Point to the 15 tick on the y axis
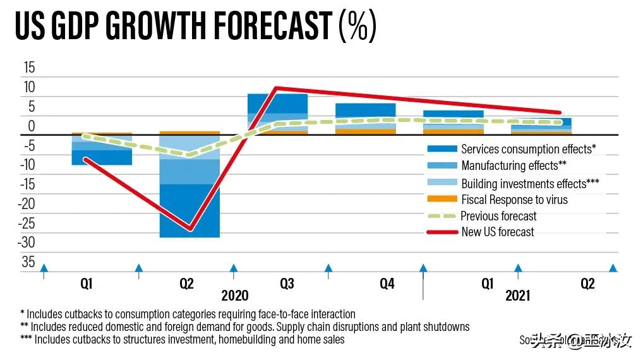29,68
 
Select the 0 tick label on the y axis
32,126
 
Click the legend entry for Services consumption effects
528,149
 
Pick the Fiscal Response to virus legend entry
514,200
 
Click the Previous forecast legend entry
498,216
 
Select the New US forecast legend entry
497,232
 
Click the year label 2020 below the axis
235,296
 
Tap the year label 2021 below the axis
518,296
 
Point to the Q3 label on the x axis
287,284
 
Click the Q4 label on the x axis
387,284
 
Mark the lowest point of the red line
189,229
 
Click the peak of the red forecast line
276,88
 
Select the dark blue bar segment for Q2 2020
189,211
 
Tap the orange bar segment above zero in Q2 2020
189,133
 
